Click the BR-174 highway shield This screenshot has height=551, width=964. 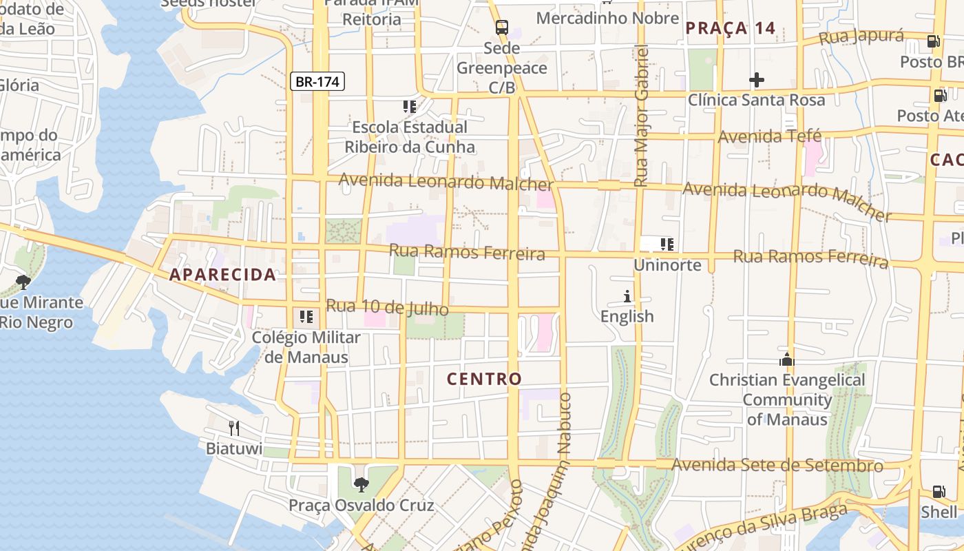[x=317, y=82]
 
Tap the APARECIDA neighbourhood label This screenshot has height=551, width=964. [x=223, y=275]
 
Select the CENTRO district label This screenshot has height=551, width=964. [x=484, y=379]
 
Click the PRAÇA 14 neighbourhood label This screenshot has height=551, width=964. [x=731, y=28]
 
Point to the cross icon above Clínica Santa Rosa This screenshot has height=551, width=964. [x=756, y=80]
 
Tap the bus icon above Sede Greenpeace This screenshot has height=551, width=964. [x=502, y=28]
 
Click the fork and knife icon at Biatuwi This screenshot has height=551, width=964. [x=234, y=428]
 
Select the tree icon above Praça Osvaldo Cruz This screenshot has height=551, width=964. [x=361, y=485]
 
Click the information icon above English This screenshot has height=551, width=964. [x=627, y=297]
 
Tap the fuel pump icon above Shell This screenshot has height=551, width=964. [x=939, y=492]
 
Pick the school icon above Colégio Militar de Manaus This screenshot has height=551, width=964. [x=306, y=317]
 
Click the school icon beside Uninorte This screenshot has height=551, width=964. [x=667, y=244]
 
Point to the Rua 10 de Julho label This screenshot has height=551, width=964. [x=387, y=307]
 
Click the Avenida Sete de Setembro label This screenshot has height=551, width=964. [x=777, y=466]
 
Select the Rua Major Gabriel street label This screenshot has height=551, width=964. [x=641, y=116]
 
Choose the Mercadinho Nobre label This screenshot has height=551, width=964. [x=607, y=18]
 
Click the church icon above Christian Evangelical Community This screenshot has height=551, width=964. [x=786, y=360]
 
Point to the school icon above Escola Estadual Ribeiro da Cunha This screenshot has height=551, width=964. [x=410, y=107]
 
